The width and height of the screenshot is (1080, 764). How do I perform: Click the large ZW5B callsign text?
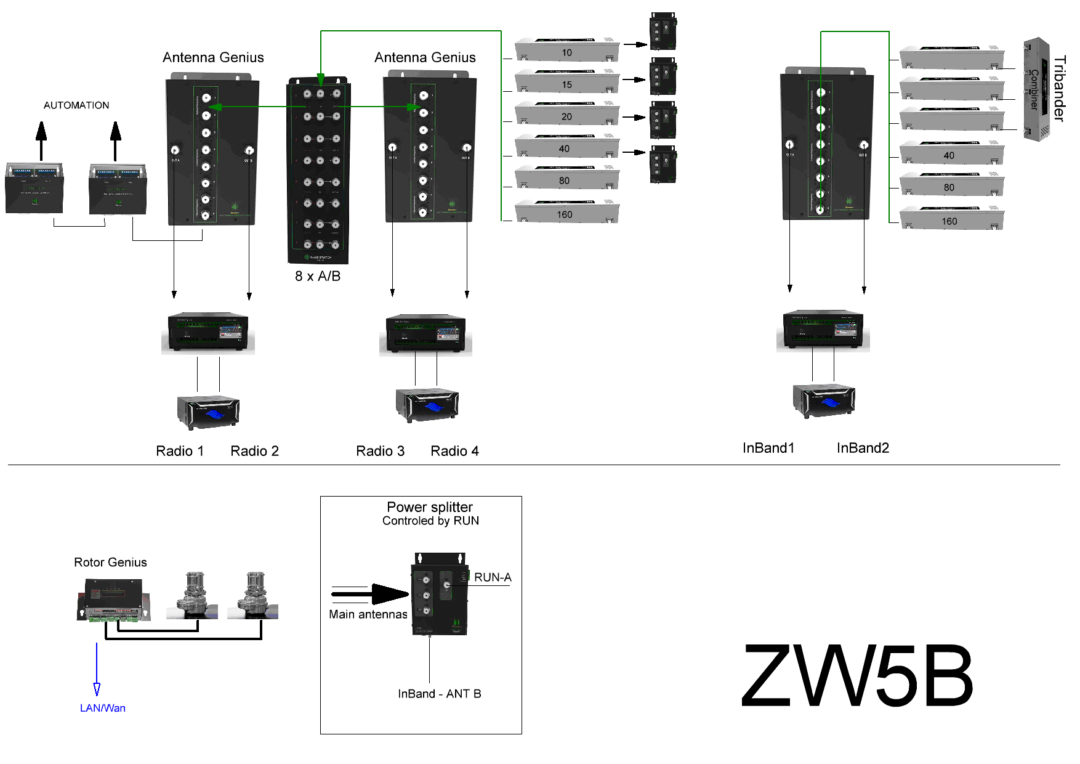[x=856, y=675]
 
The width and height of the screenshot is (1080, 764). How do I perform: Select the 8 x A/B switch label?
[x=318, y=276]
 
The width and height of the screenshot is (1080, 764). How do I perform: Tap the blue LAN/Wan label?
[x=103, y=708]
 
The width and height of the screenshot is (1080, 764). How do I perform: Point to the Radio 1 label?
[x=180, y=451]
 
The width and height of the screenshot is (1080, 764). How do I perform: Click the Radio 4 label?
[x=454, y=451]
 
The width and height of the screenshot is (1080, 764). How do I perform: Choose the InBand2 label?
[x=863, y=448]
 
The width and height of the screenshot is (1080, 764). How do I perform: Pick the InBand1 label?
[x=768, y=448]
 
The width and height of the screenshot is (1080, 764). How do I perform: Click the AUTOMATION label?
[x=76, y=105]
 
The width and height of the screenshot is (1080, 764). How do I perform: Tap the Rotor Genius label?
[x=110, y=562]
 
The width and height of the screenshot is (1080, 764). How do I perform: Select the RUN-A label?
[x=493, y=577]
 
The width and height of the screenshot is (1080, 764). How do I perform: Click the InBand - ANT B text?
[x=440, y=694]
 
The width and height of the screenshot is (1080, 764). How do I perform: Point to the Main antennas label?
[x=368, y=614]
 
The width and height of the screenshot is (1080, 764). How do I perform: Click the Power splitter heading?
[x=430, y=507]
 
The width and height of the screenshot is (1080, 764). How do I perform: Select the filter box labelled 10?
[x=567, y=51]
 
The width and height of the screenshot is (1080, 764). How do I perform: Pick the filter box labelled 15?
[x=567, y=83]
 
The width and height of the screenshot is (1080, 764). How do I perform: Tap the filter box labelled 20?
[x=567, y=115]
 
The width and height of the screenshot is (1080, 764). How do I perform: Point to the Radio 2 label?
[x=254, y=451]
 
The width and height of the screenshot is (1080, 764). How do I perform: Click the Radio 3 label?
[x=381, y=451]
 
